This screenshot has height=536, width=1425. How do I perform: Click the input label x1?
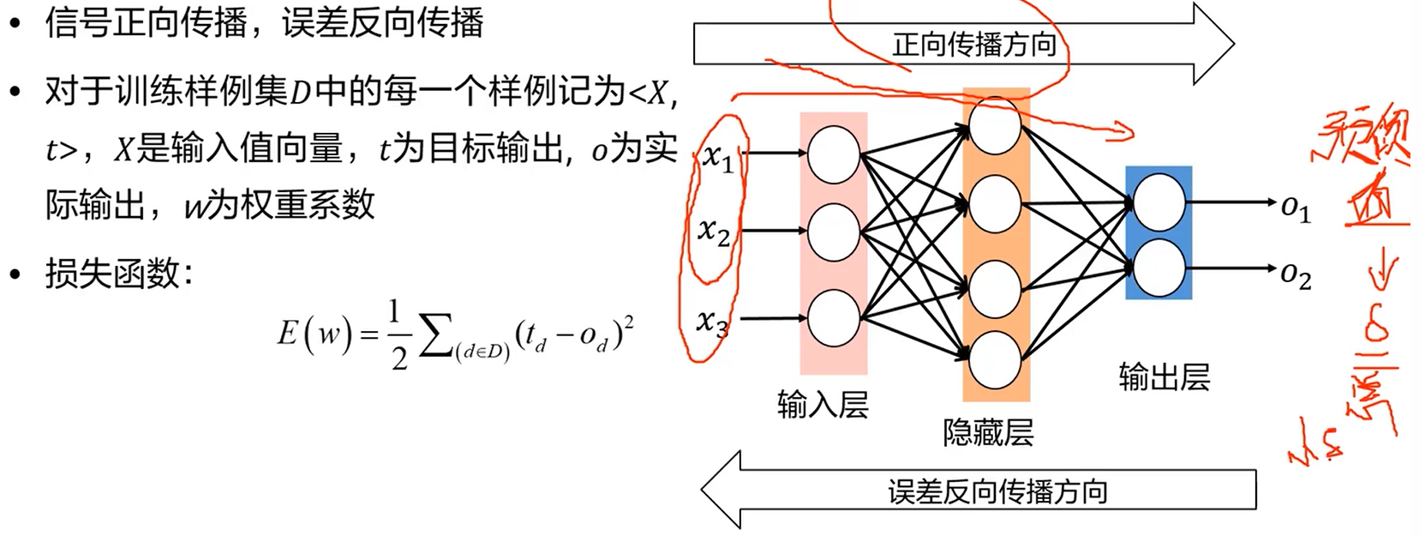pyautogui.click(x=718, y=158)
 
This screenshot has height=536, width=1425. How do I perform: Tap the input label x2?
pyautogui.click(x=714, y=231)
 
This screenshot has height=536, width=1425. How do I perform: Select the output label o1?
pyautogui.click(x=1296, y=207)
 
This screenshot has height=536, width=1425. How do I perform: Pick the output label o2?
pyautogui.click(x=1296, y=274)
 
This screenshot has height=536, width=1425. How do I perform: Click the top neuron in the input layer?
pyautogui.click(x=833, y=154)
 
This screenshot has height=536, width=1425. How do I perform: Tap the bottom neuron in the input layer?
pyautogui.click(x=833, y=318)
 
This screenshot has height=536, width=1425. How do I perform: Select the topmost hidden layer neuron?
pyautogui.click(x=995, y=126)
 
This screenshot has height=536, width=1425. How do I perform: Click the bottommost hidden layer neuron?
pyautogui.click(x=995, y=360)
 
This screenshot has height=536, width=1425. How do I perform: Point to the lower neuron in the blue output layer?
pyautogui.click(x=1159, y=268)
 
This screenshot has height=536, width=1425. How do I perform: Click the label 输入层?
pyautogui.click(x=823, y=404)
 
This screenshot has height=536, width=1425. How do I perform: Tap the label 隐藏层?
pyautogui.click(x=988, y=431)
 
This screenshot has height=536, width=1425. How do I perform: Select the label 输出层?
pyautogui.click(x=1164, y=376)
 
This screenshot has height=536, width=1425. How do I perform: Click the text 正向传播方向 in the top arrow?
pyautogui.click(x=974, y=45)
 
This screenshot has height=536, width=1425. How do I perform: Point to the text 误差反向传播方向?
pyautogui.click(x=997, y=491)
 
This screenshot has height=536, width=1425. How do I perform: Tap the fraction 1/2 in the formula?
pyautogui.click(x=396, y=334)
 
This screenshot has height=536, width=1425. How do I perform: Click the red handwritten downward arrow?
pyautogui.click(x=1381, y=274)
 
